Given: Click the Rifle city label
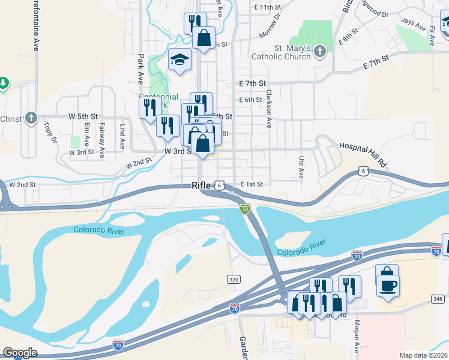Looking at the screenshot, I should [x=201, y=185].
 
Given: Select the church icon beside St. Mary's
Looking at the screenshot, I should [x=319, y=50].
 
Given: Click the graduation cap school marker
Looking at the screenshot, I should [x=179, y=59].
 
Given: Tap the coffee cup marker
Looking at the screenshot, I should [x=387, y=284].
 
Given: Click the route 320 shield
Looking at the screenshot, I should [x=234, y=279].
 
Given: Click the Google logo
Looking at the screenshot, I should [x=20, y=353].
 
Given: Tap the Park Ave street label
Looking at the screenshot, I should [x=140, y=68].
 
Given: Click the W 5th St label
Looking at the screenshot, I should [x=83, y=115].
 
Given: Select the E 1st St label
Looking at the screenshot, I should [x=252, y=184].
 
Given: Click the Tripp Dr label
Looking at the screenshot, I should [x=49, y=133].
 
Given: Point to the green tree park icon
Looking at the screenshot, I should [x=4, y=82].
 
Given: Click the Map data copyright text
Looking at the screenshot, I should [x=424, y=355].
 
